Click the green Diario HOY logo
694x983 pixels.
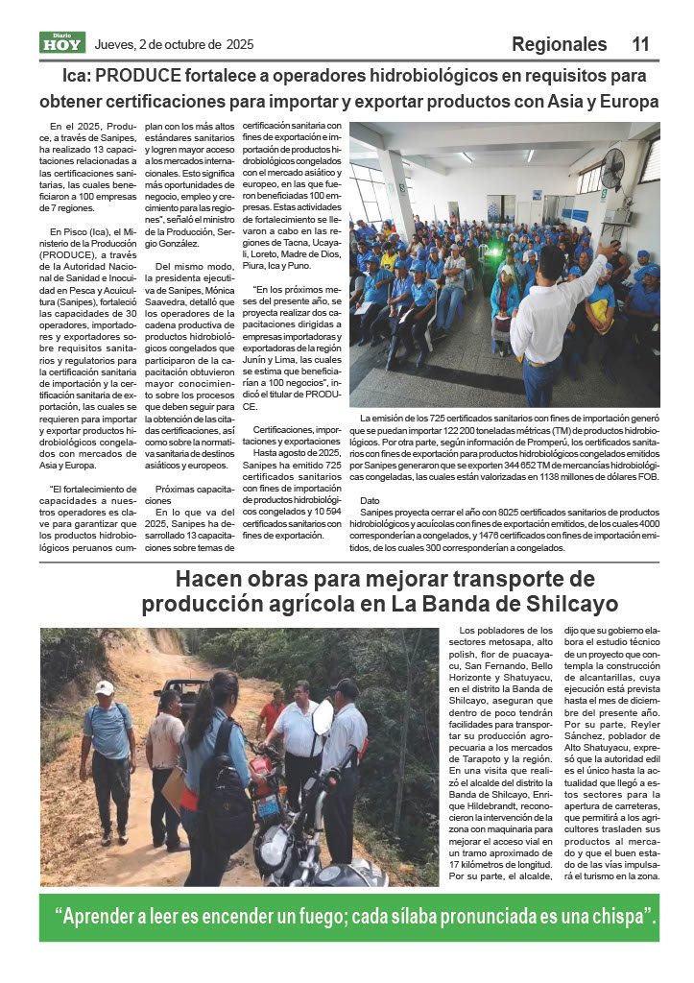click(62, 42)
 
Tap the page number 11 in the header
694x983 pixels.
click(640, 44)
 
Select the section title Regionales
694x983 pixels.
click(559, 44)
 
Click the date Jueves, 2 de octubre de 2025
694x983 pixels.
click(174, 44)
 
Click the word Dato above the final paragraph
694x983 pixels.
click(370, 501)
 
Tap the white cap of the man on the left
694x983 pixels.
click(105, 687)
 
